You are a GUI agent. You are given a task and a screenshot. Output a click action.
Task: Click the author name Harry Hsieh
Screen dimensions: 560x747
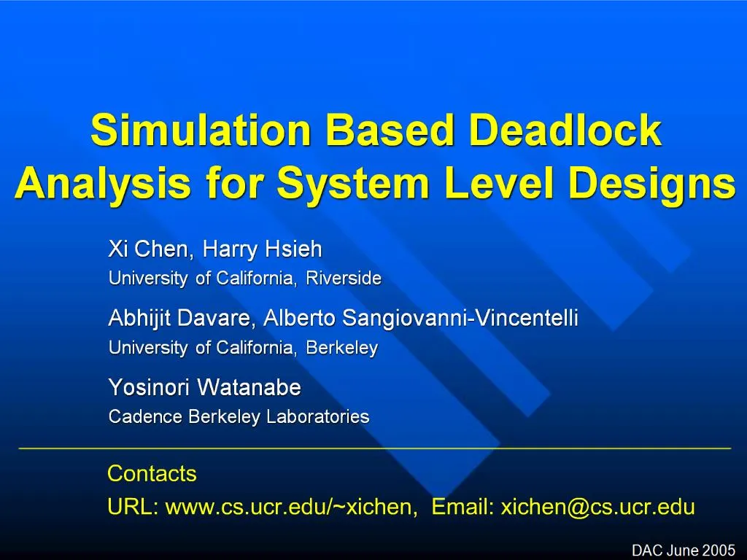[262, 250]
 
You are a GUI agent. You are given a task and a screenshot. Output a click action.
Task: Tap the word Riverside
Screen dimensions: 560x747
[344, 279]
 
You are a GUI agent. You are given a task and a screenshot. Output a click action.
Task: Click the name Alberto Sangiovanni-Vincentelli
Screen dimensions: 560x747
[421, 319]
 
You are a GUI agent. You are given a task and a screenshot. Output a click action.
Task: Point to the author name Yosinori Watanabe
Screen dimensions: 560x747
[204, 388]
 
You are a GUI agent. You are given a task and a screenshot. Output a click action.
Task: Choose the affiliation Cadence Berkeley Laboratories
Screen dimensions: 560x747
[239, 417]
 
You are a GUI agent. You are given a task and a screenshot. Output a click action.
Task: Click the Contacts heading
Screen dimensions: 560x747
[152, 474]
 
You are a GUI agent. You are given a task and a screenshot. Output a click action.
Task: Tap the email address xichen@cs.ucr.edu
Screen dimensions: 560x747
[597, 507]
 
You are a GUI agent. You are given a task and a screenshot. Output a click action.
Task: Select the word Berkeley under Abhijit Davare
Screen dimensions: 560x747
[341, 349]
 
